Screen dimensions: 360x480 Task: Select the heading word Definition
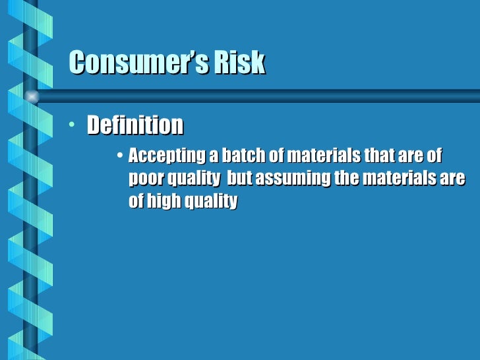135,125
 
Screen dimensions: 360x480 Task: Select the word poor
144,179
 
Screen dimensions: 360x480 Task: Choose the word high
164,201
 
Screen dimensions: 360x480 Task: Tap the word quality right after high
209,202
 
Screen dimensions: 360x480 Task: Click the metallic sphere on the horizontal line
31,96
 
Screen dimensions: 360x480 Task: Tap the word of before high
135,201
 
